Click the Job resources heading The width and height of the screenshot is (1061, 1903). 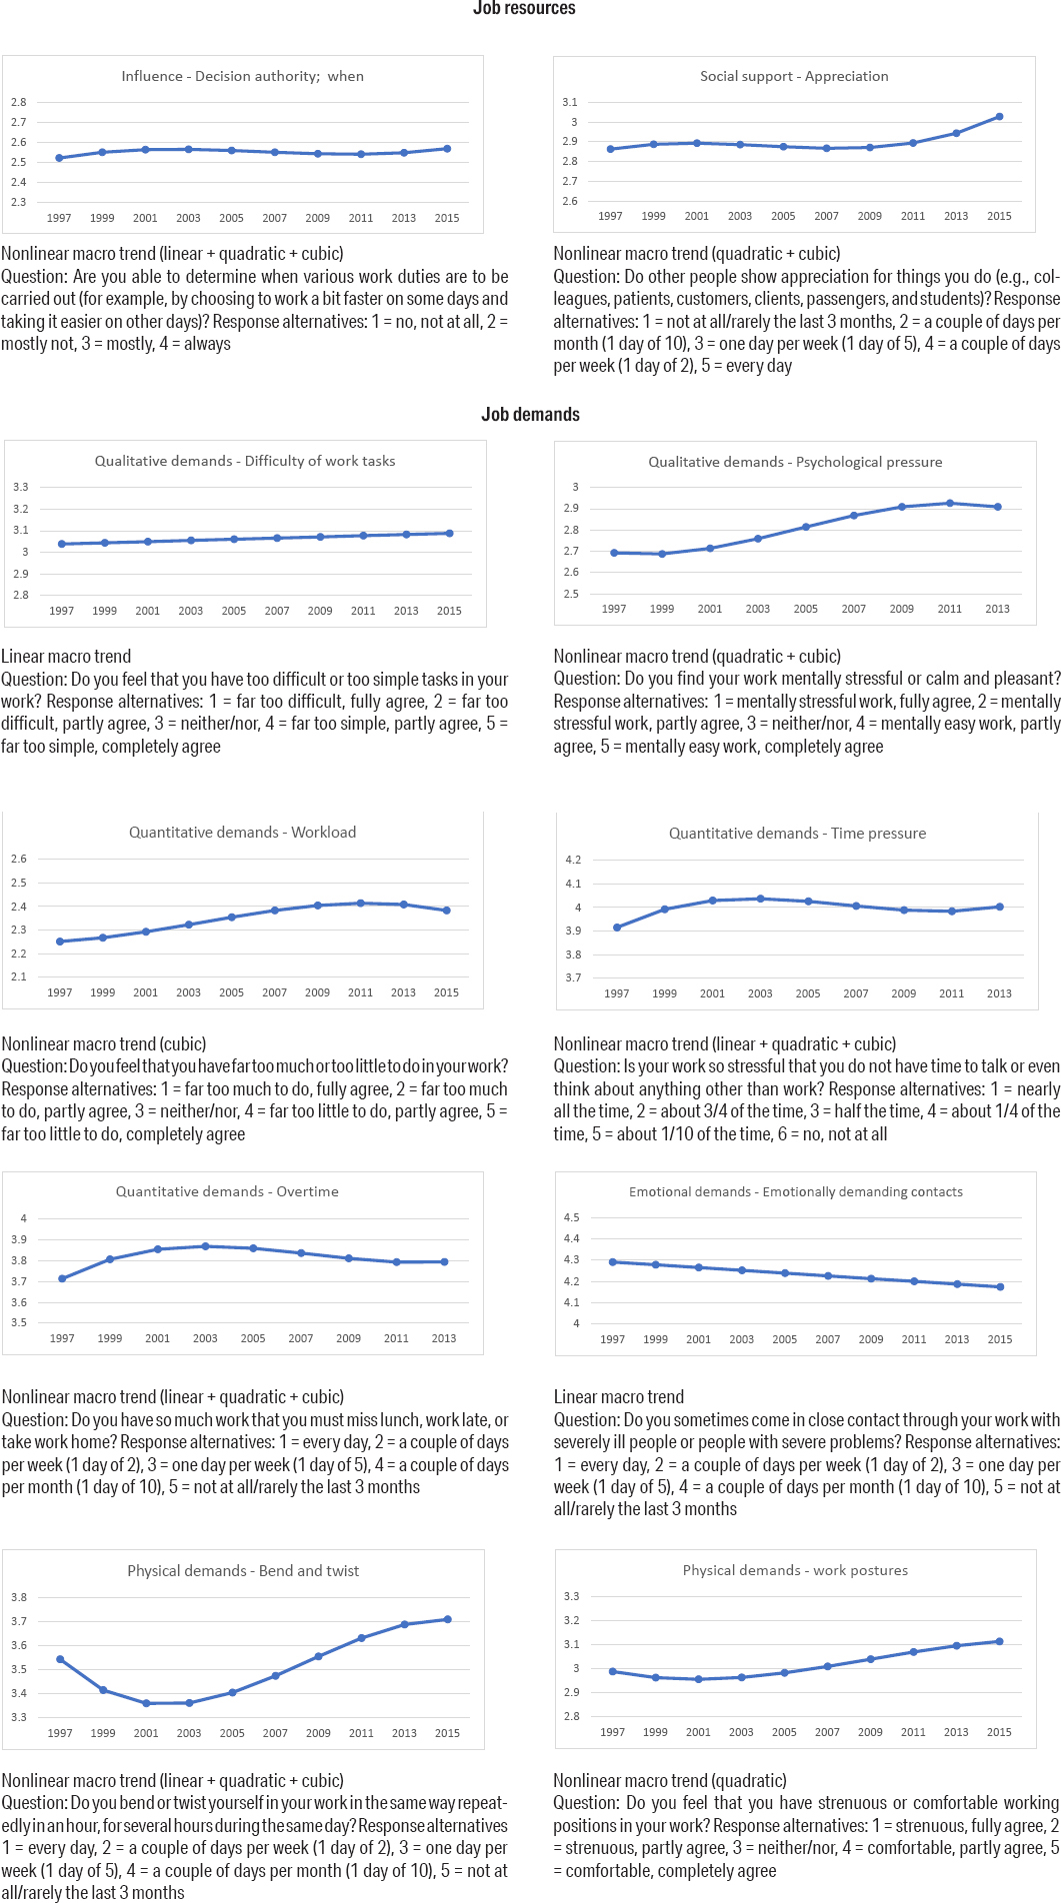point(524,9)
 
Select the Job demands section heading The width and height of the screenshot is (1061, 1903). point(530,415)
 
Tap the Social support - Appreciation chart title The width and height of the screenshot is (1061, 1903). point(794,76)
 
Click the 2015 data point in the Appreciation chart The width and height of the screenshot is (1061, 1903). point(1000,117)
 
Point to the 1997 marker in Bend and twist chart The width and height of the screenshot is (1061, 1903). point(60,1659)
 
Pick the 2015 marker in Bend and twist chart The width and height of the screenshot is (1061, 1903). point(447,1619)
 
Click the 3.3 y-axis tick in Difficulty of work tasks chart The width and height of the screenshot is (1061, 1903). point(20,487)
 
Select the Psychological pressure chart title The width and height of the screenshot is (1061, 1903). point(795,462)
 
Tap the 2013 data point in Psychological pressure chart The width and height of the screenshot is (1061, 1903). point(997,507)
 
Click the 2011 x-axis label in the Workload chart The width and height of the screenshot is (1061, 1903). point(360,992)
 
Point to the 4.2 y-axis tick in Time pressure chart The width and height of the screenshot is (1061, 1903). point(573,860)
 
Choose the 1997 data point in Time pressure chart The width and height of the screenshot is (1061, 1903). point(617,928)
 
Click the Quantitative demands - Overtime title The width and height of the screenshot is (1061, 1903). point(227,1191)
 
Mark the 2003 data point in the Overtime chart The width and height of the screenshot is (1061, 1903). point(205,1246)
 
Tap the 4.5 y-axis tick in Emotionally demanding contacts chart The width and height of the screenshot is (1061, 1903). point(571,1217)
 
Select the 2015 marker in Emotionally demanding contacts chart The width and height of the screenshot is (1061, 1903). point(1000,1287)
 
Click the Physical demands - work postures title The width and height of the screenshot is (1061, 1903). point(795,1570)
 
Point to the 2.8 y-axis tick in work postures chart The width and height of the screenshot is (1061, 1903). point(571,1716)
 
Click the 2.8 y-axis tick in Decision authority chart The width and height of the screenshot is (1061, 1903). point(19,102)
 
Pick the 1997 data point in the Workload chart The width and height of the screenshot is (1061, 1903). point(60,942)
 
